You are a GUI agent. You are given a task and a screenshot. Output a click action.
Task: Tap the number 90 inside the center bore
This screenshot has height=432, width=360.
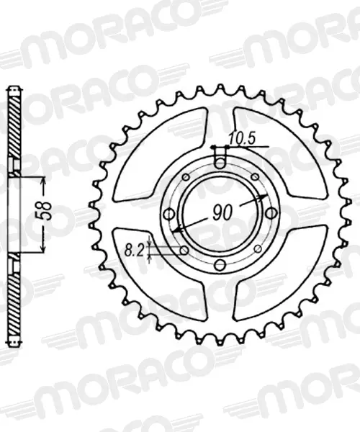click(x=222, y=212)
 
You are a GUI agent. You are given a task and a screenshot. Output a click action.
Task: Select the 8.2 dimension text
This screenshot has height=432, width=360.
click(x=134, y=251)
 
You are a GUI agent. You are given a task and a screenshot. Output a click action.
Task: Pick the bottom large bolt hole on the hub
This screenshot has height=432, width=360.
click(x=220, y=265)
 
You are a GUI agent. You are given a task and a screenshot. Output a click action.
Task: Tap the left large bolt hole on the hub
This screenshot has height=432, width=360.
click(x=168, y=214)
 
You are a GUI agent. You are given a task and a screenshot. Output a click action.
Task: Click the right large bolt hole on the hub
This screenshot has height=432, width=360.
click(x=271, y=212)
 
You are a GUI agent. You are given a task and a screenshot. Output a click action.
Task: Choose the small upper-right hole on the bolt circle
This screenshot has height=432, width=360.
click(x=256, y=176)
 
